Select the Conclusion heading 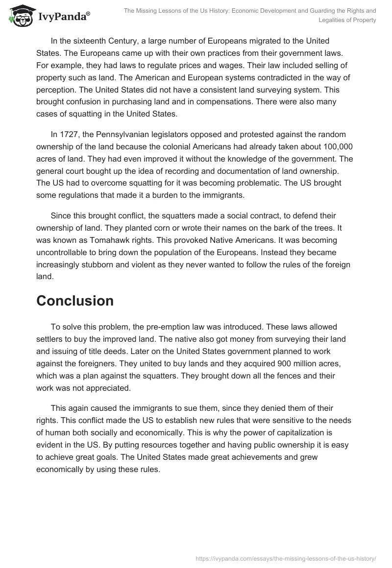tap(74, 301)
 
